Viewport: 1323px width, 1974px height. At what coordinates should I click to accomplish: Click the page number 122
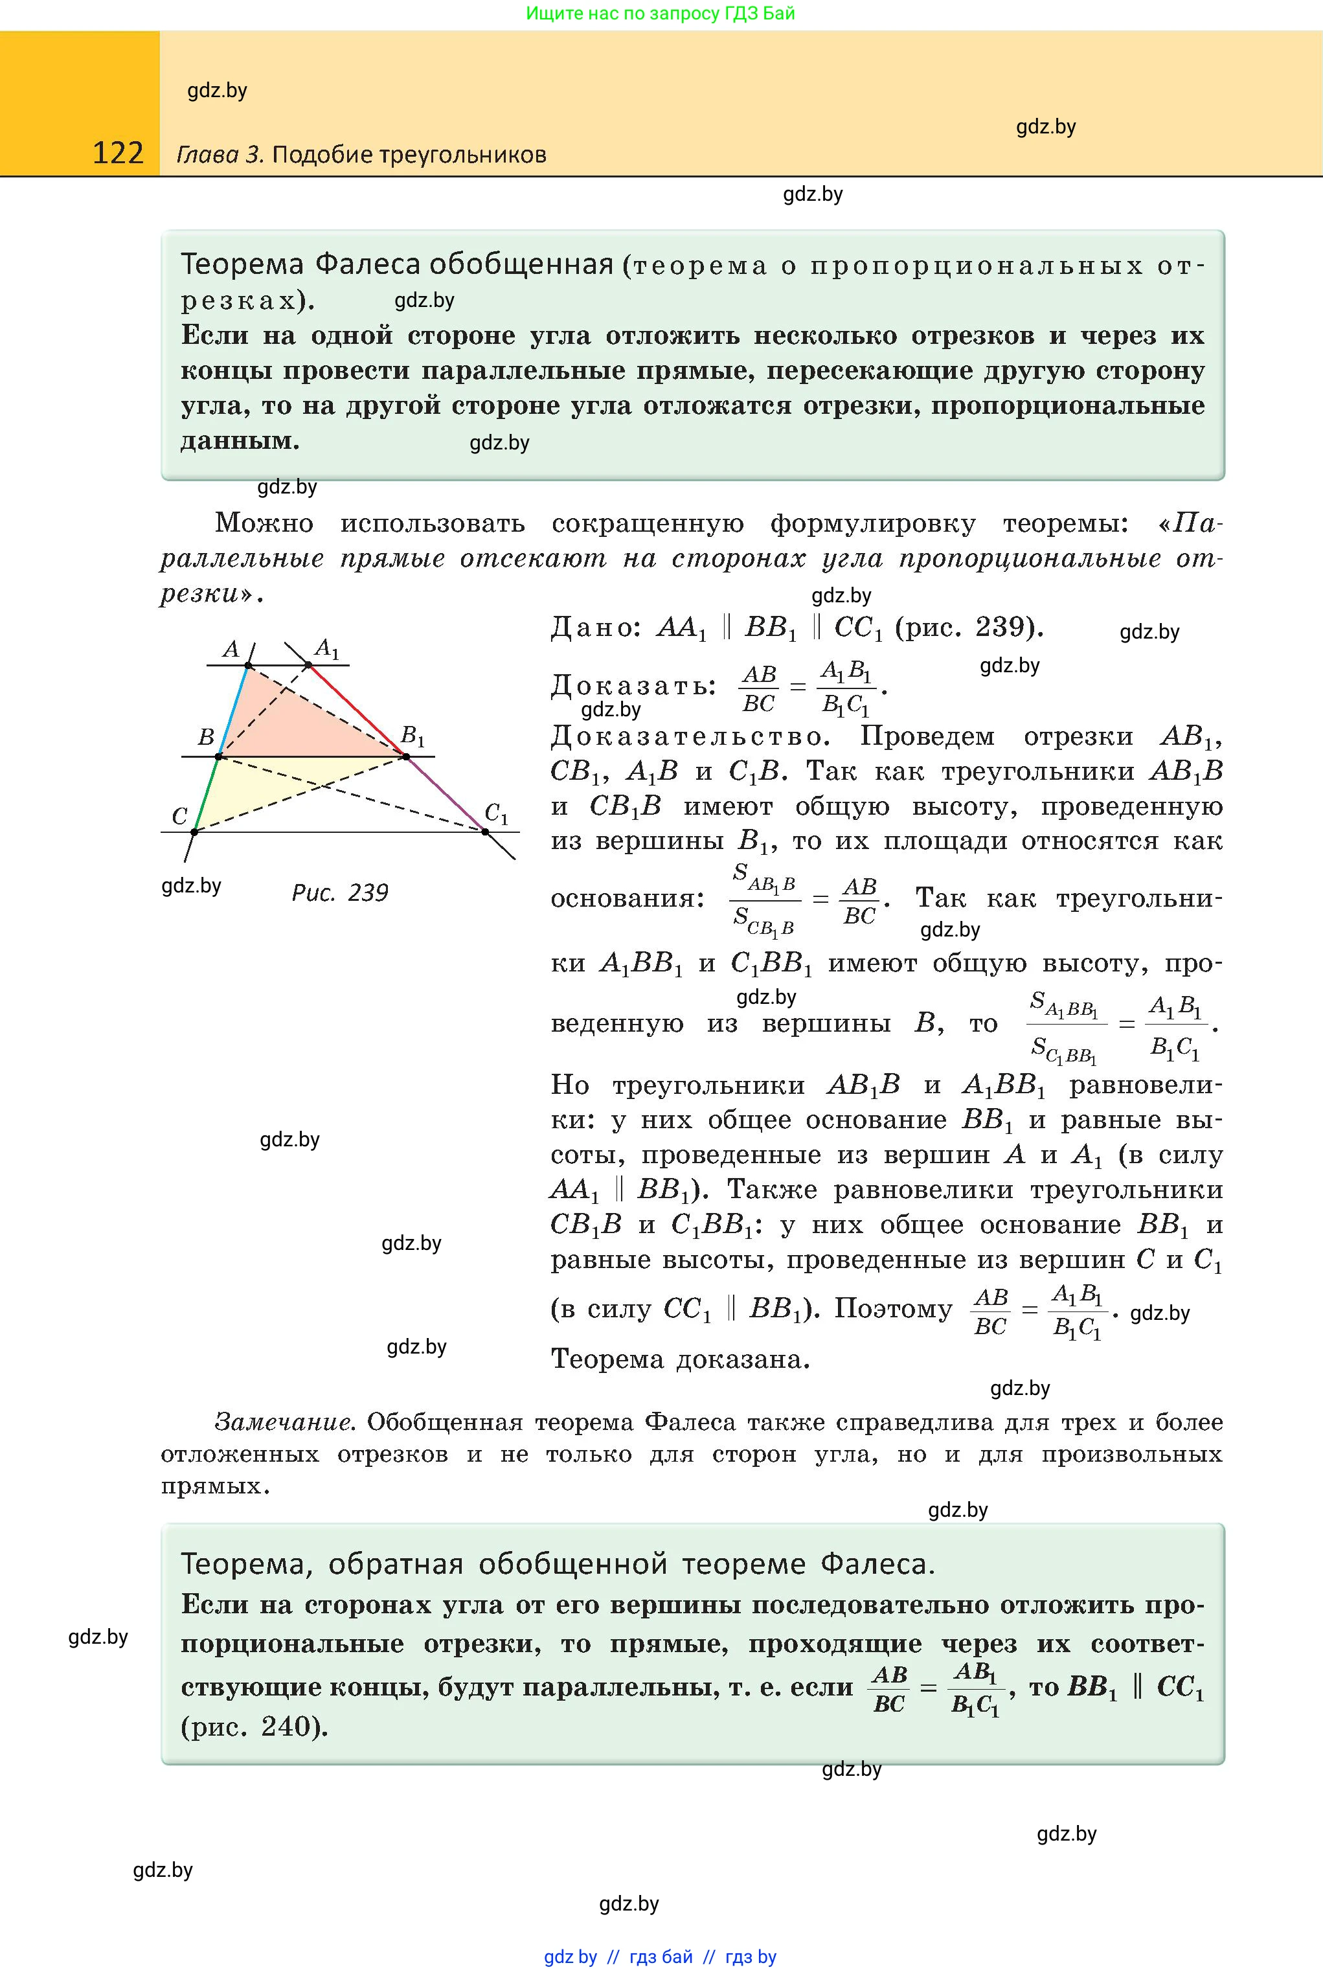click(118, 153)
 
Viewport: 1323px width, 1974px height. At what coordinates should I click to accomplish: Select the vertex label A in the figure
click(231, 649)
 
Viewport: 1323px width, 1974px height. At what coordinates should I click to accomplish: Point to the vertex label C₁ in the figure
click(497, 813)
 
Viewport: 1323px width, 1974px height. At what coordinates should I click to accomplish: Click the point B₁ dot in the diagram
click(406, 756)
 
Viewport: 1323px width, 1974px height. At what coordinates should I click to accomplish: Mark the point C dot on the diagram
click(194, 832)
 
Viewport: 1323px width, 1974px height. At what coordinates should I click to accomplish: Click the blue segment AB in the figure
click(233, 711)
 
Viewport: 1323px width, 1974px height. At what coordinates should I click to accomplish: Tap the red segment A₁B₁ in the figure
click(356, 710)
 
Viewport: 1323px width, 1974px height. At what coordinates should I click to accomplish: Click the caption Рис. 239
click(340, 892)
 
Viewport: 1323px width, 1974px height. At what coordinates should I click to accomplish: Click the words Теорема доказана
click(680, 1359)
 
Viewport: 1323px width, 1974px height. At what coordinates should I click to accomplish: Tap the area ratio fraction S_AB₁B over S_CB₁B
click(764, 900)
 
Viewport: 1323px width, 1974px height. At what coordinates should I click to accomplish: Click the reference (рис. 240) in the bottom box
click(254, 1726)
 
